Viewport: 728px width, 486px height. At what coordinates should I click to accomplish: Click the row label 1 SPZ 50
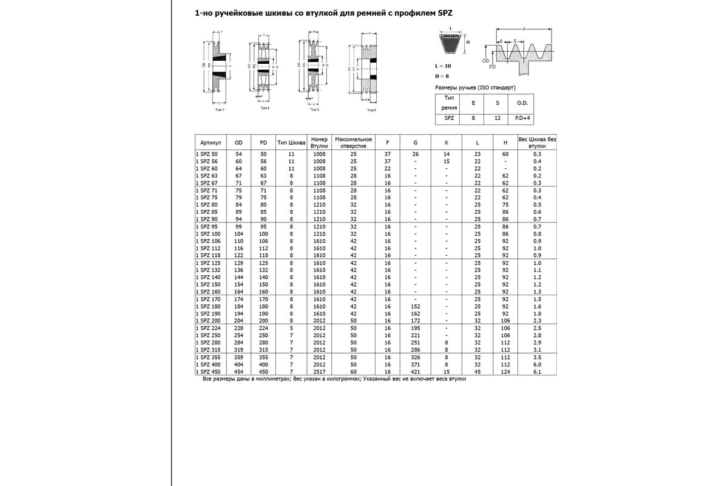pyautogui.click(x=206, y=154)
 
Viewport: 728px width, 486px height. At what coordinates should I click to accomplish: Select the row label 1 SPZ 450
pyautogui.click(x=207, y=371)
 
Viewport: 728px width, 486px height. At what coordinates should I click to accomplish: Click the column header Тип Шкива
pyautogui.click(x=291, y=142)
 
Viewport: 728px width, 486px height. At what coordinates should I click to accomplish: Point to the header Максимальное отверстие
pyautogui.click(x=353, y=142)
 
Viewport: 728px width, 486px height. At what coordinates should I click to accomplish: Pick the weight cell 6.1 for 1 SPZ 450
pyautogui.click(x=537, y=371)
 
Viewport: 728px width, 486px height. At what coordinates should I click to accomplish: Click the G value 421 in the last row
pyautogui.click(x=416, y=371)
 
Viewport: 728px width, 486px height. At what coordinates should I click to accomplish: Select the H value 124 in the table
pyautogui.click(x=505, y=371)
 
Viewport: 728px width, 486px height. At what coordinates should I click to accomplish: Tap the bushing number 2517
pyautogui.click(x=319, y=371)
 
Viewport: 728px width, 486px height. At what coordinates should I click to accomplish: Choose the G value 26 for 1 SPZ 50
pyautogui.click(x=416, y=154)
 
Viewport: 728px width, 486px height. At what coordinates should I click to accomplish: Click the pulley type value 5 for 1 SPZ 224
pyautogui.click(x=291, y=327)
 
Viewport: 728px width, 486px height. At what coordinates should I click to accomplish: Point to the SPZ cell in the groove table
pyautogui.click(x=449, y=118)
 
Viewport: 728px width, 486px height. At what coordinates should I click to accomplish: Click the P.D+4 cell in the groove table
pyautogui.click(x=521, y=118)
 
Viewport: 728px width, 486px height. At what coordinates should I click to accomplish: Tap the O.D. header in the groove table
pyautogui.click(x=521, y=103)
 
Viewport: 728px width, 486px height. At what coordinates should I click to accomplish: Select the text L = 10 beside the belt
pyautogui.click(x=443, y=65)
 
